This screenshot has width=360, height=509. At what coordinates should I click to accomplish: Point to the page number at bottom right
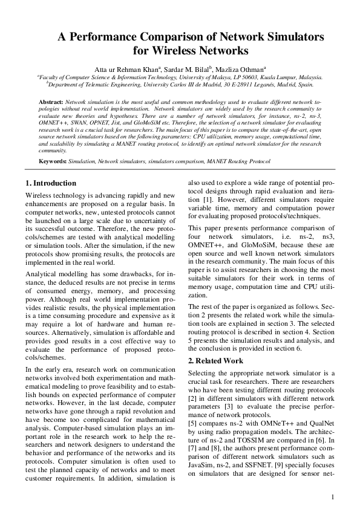pyautogui.click(x=333, y=497)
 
